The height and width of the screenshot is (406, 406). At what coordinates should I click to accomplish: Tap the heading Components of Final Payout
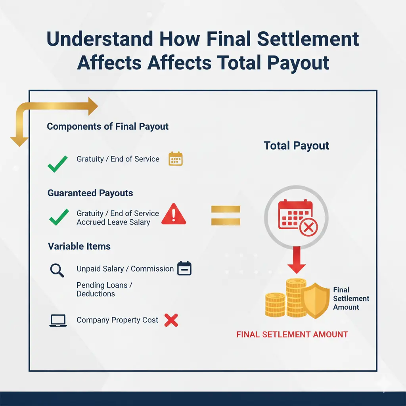107,126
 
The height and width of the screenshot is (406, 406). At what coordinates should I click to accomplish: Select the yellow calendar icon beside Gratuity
175,159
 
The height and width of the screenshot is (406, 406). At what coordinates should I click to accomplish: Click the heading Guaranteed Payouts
90,193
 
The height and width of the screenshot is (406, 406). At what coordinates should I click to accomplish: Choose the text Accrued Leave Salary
113,222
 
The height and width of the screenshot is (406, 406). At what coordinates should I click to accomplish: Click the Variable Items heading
79,246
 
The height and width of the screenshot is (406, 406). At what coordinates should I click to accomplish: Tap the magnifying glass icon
57,270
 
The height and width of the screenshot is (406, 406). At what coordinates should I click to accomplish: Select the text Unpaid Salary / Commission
125,269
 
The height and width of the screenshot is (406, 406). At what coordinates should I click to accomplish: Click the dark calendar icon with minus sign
184,268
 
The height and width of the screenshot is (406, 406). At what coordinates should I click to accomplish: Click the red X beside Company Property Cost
171,320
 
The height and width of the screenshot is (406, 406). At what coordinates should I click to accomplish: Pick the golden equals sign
226,215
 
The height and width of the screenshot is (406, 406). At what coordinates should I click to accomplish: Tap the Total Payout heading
296,146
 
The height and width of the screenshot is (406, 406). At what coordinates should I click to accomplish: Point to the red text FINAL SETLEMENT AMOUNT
292,335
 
